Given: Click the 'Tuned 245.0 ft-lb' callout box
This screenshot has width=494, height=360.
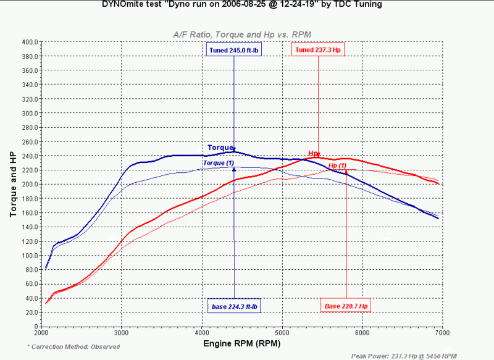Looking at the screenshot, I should (233, 50).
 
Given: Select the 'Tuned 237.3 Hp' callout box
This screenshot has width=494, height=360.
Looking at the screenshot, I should (318, 50).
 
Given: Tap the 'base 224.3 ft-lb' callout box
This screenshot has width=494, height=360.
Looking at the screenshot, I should (234, 306).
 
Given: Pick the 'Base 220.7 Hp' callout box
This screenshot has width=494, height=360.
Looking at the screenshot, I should (346, 306).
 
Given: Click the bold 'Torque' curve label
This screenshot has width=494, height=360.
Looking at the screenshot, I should (220, 148).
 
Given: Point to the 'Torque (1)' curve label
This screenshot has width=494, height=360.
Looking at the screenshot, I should (219, 162).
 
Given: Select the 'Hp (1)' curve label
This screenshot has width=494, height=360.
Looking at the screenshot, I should (337, 165).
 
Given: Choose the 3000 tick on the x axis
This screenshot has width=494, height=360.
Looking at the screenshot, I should (122, 333).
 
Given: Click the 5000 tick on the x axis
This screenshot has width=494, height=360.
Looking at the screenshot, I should (282, 333).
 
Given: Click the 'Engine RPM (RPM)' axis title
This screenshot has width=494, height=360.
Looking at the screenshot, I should (241, 343).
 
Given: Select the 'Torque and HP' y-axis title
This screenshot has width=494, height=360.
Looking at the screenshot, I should (13, 183).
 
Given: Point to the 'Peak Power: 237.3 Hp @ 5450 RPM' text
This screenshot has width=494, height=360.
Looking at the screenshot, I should (403, 356).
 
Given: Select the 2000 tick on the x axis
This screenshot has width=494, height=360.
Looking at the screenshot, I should (41, 333).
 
